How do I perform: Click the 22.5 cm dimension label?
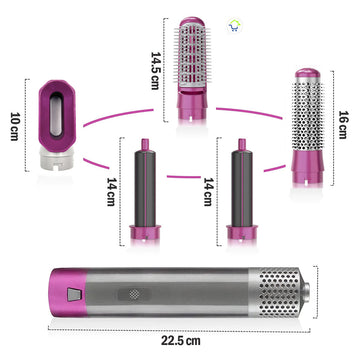pyautogui.click(x=181, y=341)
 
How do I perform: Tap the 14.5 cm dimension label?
pyautogui.click(x=156, y=71)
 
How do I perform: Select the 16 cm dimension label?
pyautogui.click(x=343, y=124)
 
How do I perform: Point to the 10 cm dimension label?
pyautogui.click(x=15, y=126)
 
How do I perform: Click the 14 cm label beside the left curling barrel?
pyautogui.click(x=112, y=191)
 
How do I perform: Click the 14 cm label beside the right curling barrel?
pyautogui.click(x=209, y=191)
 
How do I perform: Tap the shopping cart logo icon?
pyautogui.click(x=235, y=26)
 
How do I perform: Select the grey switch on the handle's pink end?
pyautogui.click(x=73, y=294)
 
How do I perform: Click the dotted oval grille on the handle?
pyautogui.click(x=134, y=294)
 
